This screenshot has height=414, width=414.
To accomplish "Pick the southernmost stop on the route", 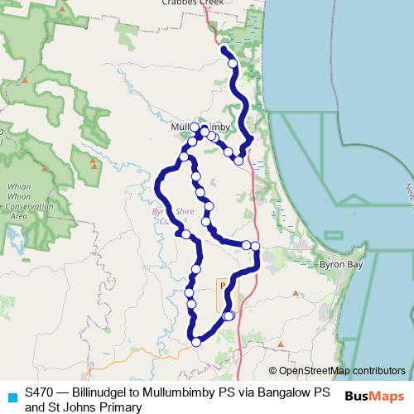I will tap(196, 341).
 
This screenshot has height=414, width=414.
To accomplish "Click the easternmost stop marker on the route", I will tap(255, 246).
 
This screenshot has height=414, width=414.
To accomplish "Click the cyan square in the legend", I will tap(11, 396).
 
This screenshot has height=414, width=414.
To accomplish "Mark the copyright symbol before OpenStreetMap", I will tap(272, 370).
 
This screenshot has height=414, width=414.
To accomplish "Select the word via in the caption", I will tap(249, 391).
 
